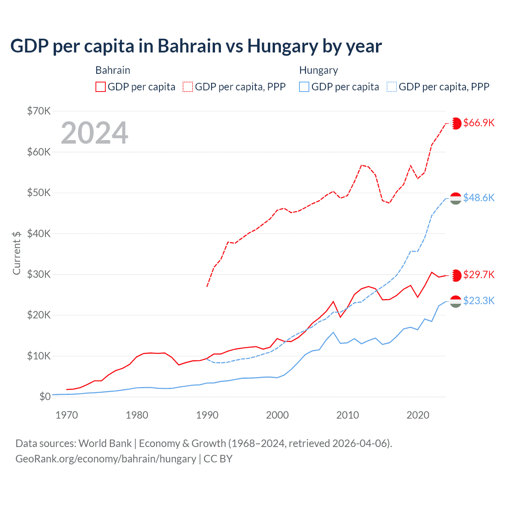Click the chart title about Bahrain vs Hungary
(196, 46)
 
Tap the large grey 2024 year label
(95, 133)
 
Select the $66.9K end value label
(479, 123)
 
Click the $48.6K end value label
(479, 198)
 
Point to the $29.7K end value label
(479, 275)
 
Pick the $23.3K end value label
(479, 301)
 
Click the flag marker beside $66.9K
(456, 123)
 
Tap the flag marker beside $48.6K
(456, 198)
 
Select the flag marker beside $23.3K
(456, 301)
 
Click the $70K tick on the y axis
(39, 111)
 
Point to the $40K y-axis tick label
(39, 234)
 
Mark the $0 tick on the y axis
(45, 397)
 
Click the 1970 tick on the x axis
(67, 415)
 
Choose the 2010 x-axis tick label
(348, 415)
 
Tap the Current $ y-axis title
(17, 253)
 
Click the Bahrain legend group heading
(113, 71)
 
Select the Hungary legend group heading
(318, 71)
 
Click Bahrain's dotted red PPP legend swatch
(188, 87)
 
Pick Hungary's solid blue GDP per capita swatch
(304, 87)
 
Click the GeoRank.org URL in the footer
(106, 459)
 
